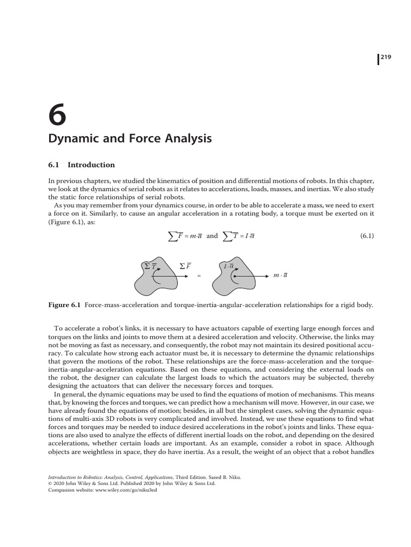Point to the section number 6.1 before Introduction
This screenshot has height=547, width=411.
[56, 165]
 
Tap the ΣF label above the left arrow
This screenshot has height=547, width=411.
[185, 265]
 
